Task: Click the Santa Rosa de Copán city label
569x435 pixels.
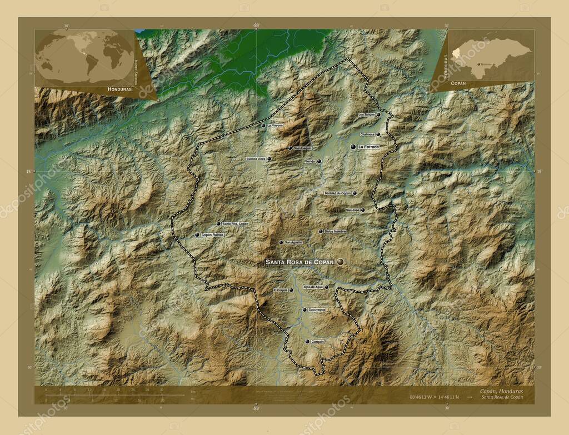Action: tap(300, 262)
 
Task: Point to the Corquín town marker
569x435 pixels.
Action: tap(307, 342)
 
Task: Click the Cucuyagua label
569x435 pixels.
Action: tap(317, 310)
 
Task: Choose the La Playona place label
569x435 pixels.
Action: tap(274, 126)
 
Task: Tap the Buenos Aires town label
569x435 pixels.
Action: tap(256, 159)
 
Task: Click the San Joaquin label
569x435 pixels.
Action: tap(303, 148)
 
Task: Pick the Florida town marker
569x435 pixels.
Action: tap(319, 162)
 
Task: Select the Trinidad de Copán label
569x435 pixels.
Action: tap(338, 193)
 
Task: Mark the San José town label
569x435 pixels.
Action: tap(353, 210)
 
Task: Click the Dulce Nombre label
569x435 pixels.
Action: tap(336, 232)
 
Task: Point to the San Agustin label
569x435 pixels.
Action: tap(293, 243)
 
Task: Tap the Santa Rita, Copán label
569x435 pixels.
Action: tap(235, 224)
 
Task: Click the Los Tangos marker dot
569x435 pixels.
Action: tap(379, 115)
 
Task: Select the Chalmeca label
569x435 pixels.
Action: tap(367, 134)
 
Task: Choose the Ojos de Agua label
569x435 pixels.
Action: tap(313, 287)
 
